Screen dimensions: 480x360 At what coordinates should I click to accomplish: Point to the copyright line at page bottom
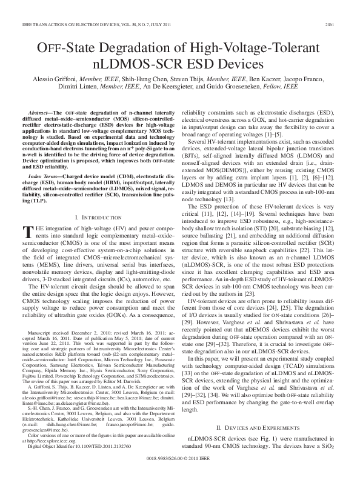[181, 468]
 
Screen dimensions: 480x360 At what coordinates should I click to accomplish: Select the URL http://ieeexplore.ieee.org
[46, 448]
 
